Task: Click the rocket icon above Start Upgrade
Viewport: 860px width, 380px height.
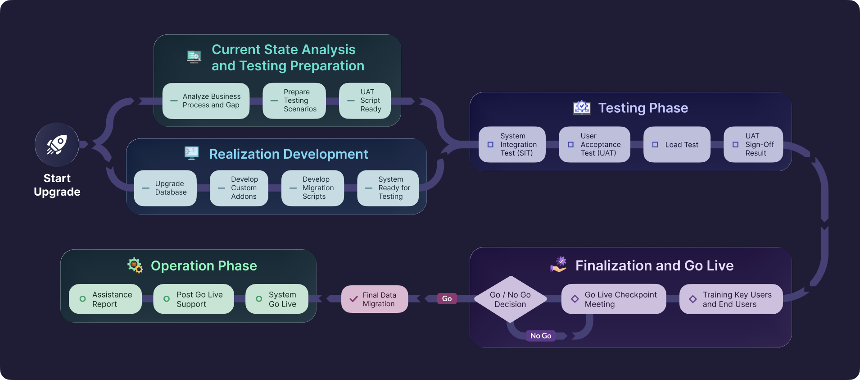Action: click(57, 145)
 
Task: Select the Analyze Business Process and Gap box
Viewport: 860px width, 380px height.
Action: click(206, 101)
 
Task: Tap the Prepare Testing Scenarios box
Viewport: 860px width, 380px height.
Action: click(294, 101)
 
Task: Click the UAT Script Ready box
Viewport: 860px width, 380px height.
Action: click(365, 101)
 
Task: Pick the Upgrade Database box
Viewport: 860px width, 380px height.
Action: click(165, 188)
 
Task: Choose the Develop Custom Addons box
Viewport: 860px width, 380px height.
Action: click(239, 188)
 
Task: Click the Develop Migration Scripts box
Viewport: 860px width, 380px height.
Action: click(312, 188)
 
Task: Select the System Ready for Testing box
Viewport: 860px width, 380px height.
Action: click(388, 188)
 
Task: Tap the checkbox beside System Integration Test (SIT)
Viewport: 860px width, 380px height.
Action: click(490, 145)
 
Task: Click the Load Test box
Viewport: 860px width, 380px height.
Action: click(677, 145)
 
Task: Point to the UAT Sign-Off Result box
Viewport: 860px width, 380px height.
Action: click(753, 145)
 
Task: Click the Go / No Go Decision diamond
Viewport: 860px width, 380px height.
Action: click(510, 299)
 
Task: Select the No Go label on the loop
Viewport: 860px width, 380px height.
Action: click(540, 336)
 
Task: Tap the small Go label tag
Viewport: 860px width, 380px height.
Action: click(447, 298)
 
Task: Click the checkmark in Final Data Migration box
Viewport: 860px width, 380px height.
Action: click(354, 299)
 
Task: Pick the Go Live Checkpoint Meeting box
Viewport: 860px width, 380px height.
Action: click(613, 299)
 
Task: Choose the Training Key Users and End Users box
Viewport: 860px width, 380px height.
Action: click(731, 299)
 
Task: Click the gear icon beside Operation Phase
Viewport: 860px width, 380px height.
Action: click(135, 266)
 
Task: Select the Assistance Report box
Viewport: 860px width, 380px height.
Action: click(105, 299)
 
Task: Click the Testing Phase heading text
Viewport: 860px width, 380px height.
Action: click(643, 108)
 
